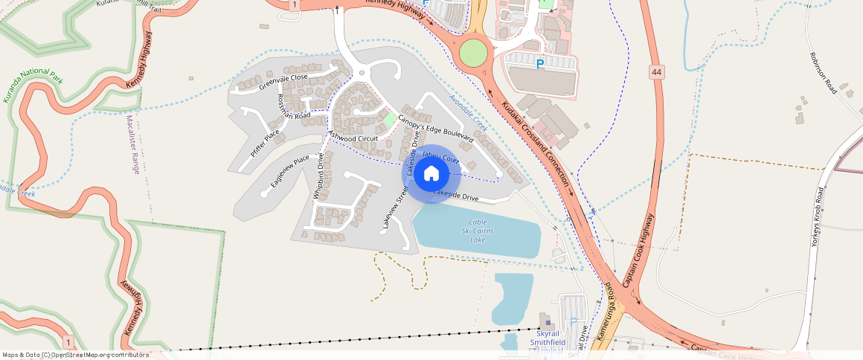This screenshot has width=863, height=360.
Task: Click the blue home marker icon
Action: pos(431,173)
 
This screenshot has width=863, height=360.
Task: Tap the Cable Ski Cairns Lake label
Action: pos(478,231)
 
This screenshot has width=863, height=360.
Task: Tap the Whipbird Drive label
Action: pos(318,176)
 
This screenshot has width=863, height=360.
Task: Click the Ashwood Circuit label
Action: pos(353,138)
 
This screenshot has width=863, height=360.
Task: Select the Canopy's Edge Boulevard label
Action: pos(435,127)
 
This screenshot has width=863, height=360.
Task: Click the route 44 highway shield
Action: pos(655,72)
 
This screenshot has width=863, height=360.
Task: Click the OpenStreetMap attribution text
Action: pos(76,355)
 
